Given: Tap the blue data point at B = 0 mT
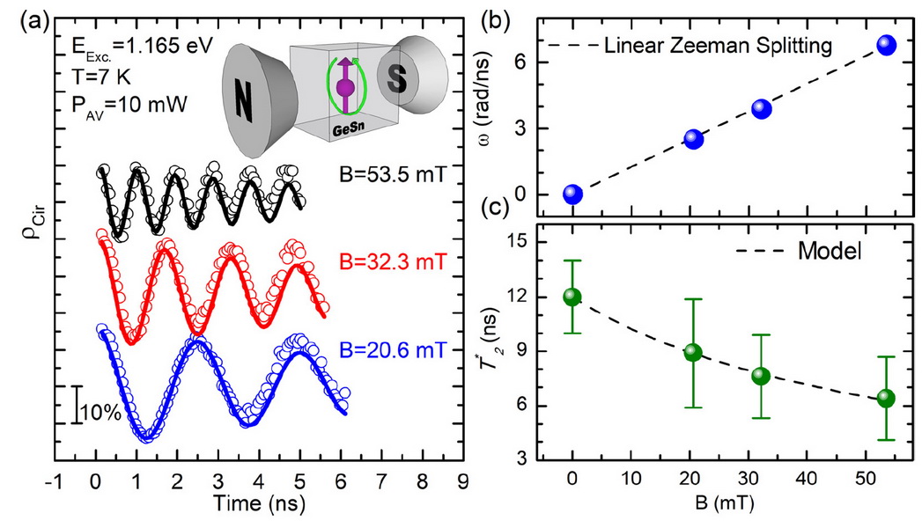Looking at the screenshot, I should [x=572, y=194].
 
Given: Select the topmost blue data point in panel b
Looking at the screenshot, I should [x=887, y=46].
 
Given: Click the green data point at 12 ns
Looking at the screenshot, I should [x=572, y=297].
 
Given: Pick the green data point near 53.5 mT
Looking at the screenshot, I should [x=887, y=398].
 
